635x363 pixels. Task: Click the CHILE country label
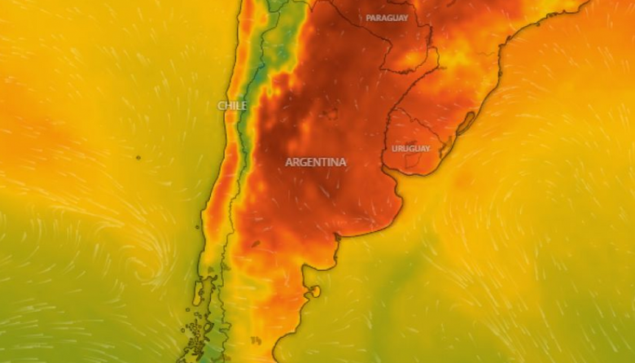click(232, 106)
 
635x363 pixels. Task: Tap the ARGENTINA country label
click(315, 162)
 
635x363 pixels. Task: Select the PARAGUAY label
click(387, 17)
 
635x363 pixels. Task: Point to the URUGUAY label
click(411, 148)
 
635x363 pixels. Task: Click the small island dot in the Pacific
click(138, 157)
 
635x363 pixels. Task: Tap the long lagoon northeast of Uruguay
click(466, 123)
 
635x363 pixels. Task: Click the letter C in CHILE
click(221, 106)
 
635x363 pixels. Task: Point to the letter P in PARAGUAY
click(369, 17)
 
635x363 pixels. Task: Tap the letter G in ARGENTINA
click(304, 162)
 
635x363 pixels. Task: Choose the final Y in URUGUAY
click(427, 148)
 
